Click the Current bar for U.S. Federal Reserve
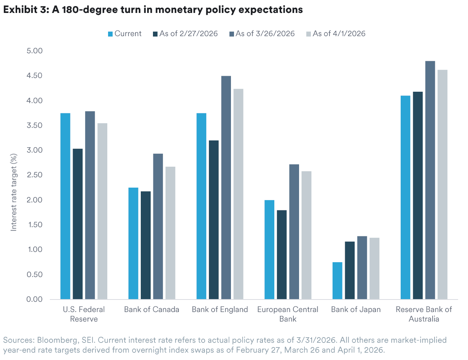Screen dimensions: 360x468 click(65, 206)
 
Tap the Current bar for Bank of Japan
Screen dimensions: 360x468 click(337, 280)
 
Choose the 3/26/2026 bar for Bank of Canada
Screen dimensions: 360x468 click(158, 226)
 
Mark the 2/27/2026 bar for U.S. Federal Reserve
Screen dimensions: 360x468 click(78, 224)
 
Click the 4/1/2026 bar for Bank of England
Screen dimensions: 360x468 click(238, 194)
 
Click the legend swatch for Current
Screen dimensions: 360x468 click(110, 34)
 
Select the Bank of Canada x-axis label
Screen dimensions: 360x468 click(151, 309)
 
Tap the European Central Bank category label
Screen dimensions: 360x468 click(288, 314)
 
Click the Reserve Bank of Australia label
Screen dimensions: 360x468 click(424, 314)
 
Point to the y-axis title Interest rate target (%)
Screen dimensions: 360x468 click(14, 192)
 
